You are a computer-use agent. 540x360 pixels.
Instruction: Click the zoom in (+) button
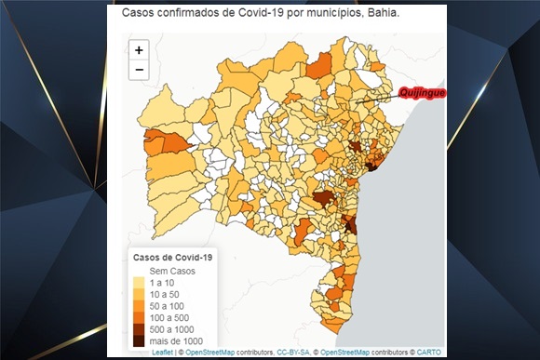139,50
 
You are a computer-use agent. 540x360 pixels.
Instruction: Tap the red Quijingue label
422,92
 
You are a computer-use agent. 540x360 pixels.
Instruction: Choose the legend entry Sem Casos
169,270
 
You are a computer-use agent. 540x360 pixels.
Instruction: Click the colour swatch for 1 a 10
139,282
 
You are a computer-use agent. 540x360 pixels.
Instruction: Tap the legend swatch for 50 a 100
139,306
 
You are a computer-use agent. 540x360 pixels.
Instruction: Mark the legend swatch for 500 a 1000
139,330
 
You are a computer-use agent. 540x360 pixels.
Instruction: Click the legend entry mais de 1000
175,342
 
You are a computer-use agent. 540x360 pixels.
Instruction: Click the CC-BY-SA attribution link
294,353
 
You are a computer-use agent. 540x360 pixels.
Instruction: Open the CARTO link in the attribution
429,353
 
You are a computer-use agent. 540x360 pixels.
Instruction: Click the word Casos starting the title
139,15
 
